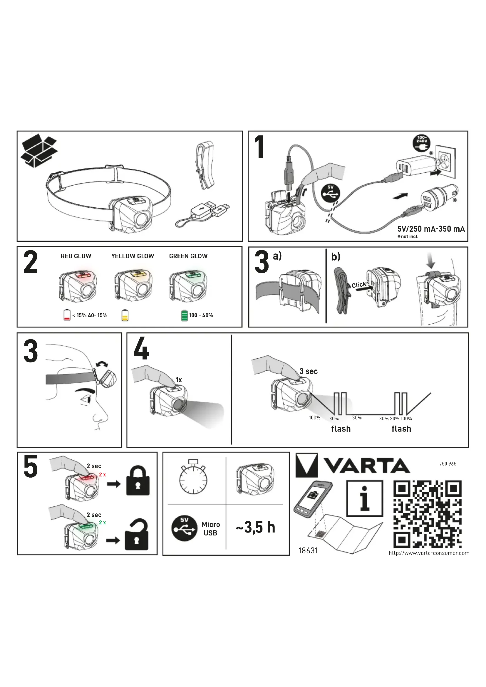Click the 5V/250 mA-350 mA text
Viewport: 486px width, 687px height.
(431, 229)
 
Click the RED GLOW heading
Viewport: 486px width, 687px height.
(76, 256)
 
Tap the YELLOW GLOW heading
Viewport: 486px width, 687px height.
(133, 256)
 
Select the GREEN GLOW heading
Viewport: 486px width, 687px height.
(188, 256)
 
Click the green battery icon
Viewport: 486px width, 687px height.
(184, 315)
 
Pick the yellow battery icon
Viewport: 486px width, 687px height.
(125, 315)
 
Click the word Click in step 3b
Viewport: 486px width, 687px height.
(359, 285)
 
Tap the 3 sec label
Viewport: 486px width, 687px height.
(309, 371)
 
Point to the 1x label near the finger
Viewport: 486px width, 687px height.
(179, 380)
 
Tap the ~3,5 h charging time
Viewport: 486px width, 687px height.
(256, 527)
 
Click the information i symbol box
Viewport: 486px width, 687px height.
(364, 498)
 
